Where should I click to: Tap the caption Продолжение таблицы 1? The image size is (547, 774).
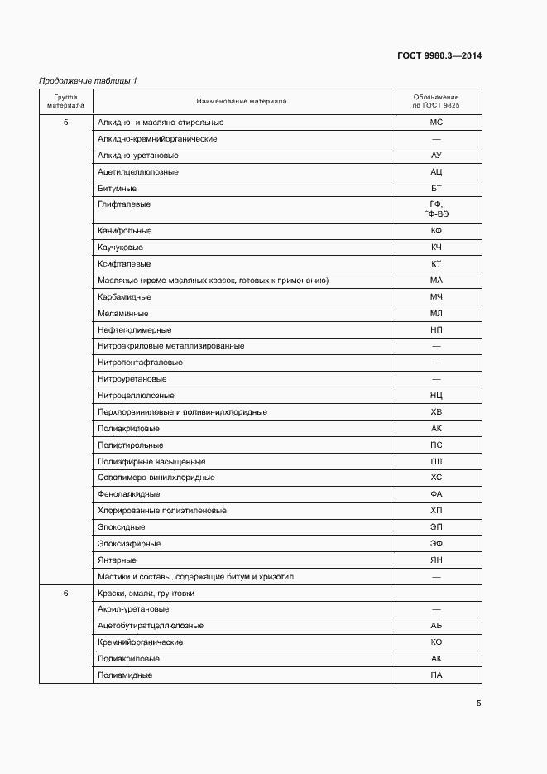[89, 80]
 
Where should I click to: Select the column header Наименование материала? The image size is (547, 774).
[242, 102]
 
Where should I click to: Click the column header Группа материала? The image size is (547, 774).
[65, 102]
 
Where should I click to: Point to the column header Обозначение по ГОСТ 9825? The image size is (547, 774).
[435, 102]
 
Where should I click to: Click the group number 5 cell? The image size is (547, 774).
[66, 123]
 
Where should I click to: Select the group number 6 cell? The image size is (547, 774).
[66, 593]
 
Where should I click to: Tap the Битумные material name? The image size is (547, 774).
[116, 188]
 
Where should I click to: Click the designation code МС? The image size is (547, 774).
[436, 123]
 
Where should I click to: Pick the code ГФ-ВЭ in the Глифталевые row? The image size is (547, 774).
[436, 214]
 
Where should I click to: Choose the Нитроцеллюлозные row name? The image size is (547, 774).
[136, 396]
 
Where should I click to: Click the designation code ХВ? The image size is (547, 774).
[436, 412]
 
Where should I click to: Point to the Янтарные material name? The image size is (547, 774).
[117, 560]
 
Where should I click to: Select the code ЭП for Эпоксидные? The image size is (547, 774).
[436, 527]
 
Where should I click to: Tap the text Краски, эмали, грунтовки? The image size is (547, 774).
[146, 593]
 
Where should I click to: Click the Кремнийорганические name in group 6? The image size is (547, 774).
[141, 642]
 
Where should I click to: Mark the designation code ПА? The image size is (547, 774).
[436, 675]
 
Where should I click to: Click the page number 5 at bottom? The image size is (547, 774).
[478, 704]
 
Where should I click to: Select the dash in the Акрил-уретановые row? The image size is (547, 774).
[436, 609]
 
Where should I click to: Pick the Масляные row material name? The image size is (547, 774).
[213, 280]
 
